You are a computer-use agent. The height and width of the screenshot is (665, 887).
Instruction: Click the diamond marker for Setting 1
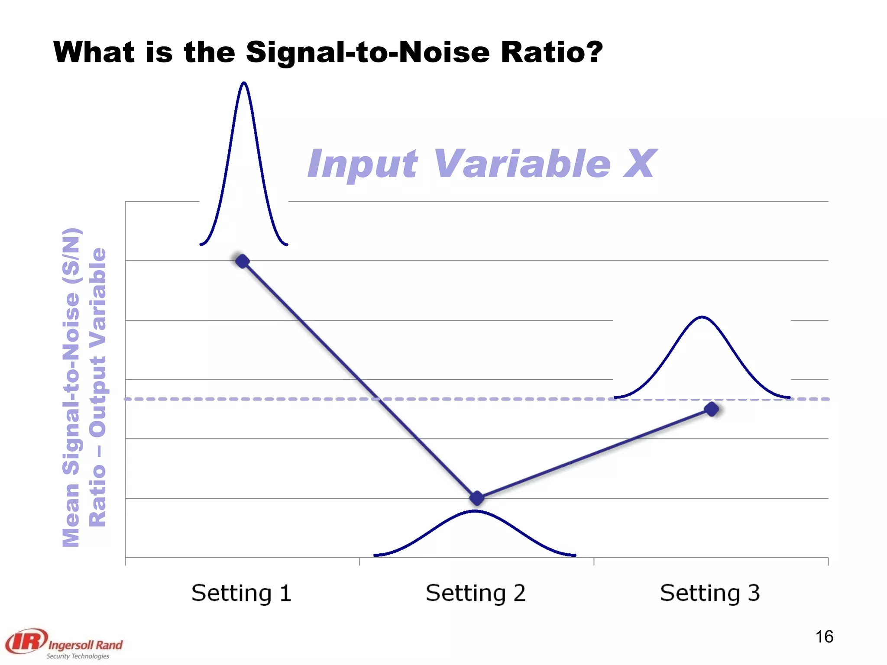pyautogui.click(x=242, y=261)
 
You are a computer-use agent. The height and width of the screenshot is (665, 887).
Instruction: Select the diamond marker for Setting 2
pyautogui.click(x=477, y=498)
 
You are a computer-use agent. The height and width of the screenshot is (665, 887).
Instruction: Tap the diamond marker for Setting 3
pyautogui.click(x=712, y=409)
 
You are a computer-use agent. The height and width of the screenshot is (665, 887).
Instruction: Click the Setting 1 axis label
pyautogui.click(x=241, y=593)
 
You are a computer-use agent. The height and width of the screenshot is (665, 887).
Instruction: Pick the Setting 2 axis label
pyautogui.click(x=476, y=593)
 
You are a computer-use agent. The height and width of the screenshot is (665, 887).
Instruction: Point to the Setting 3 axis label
pyautogui.click(x=710, y=593)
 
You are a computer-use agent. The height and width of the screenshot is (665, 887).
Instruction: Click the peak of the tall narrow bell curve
pyautogui.click(x=244, y=83)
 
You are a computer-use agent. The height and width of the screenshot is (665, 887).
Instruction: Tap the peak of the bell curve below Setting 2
pyautogui.click(x=475, y=511)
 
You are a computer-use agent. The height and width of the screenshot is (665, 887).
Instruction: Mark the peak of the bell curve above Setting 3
pyautogui.click(x=702, y=317)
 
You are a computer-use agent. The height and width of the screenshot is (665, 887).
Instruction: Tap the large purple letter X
pyautogui.click(x=639, y=164)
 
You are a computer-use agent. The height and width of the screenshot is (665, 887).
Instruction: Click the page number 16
pyautogui.click(x=824, y=636)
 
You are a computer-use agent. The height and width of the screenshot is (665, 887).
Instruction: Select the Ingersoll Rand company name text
pyautogui.click(x=85, y=645)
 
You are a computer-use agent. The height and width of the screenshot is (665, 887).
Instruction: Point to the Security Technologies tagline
pyautogui.click(x=78, y=656)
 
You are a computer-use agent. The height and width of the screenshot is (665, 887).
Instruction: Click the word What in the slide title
pyautogui.click(x=94, y=52)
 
